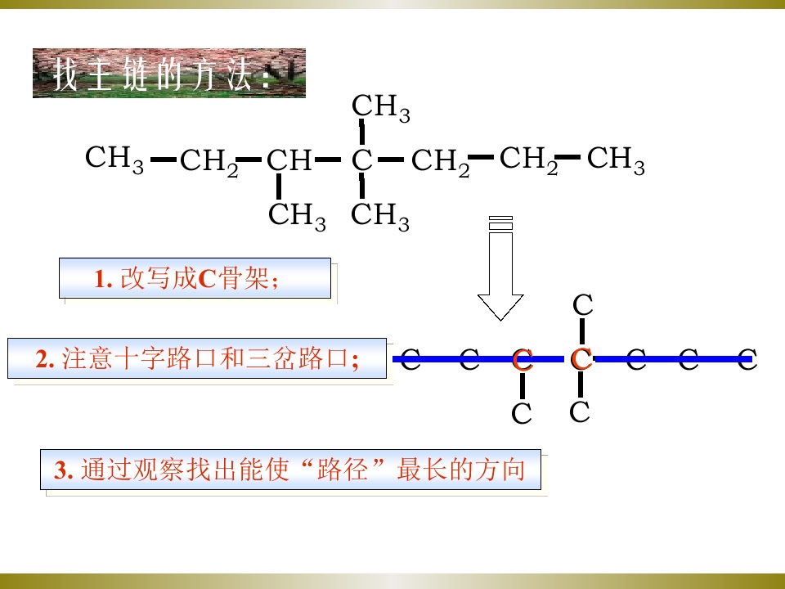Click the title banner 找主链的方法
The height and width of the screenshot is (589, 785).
point(169,73)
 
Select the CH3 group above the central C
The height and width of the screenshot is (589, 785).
point(380,108)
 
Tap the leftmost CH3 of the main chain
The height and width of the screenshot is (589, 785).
point(114,160)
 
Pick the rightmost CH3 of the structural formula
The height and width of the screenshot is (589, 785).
point(615,160)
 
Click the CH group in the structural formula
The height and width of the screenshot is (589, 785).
point(289,161)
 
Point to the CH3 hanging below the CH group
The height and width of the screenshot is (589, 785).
point(297,216)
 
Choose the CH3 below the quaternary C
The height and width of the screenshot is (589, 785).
point(379,216)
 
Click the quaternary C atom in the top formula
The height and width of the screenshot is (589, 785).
point(361,161)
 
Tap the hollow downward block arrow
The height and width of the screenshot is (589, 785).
point(500,268)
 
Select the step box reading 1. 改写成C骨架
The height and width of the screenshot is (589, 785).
point(195,278)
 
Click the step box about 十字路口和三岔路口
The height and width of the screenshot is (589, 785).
point(197,358)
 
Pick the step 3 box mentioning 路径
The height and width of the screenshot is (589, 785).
point(290,470)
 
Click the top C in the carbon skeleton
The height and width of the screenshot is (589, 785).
point(583,304)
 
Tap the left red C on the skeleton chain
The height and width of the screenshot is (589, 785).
point(523,360)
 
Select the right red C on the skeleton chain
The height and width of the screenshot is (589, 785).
point(581,358)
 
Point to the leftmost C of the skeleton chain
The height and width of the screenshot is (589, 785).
point(410,360)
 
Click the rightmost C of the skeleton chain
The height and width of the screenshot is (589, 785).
point(747,360)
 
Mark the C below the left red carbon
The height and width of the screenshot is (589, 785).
point(521,413)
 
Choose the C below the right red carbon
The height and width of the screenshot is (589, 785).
point(580,411)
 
